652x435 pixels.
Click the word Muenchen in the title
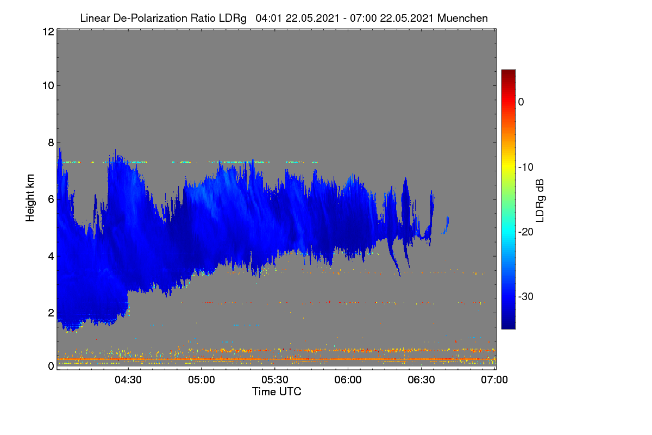point(462,18)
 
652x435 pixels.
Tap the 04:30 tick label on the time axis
point(128,380)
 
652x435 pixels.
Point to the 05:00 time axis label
point(202,380)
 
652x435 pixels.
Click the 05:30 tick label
point(275,380)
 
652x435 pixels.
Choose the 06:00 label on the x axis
point(348,380)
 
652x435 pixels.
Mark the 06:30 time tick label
point(421,380)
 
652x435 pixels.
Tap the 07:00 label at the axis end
point(494,380)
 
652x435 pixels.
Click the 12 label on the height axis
point(48,32)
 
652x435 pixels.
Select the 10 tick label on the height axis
point(48,86)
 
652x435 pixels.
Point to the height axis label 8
point(51,142)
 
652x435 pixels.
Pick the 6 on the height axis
point(51,200)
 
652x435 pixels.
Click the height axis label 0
point(51,366)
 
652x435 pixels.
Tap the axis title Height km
point(30,198)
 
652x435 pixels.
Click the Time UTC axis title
point(277,391)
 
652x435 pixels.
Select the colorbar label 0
point(521,102)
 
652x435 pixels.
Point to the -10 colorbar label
point(526,167)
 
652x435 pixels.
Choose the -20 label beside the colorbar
point(526,232)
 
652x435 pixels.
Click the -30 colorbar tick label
point(526,296)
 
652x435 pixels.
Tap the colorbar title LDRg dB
point(540,201)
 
